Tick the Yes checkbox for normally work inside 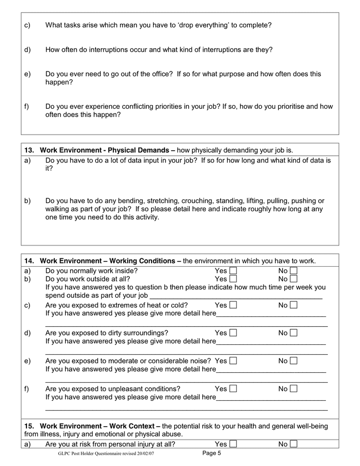(x=233, y=271)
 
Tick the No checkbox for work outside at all (x=294, y=279)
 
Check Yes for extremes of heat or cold (x=233, y=305)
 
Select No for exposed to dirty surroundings (x=294, y=333)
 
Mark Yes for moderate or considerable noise (x=233, y=361)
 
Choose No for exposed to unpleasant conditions (x=294, y=389)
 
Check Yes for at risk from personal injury (x=233, y=444)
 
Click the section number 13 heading (x=29, y=150)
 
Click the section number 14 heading (x=29, y=261)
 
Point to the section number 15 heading (x=29, y=426)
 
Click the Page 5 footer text (x=212, y=454)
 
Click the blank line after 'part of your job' (x=236, y=296)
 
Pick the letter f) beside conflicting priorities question (x=27, y=107)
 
